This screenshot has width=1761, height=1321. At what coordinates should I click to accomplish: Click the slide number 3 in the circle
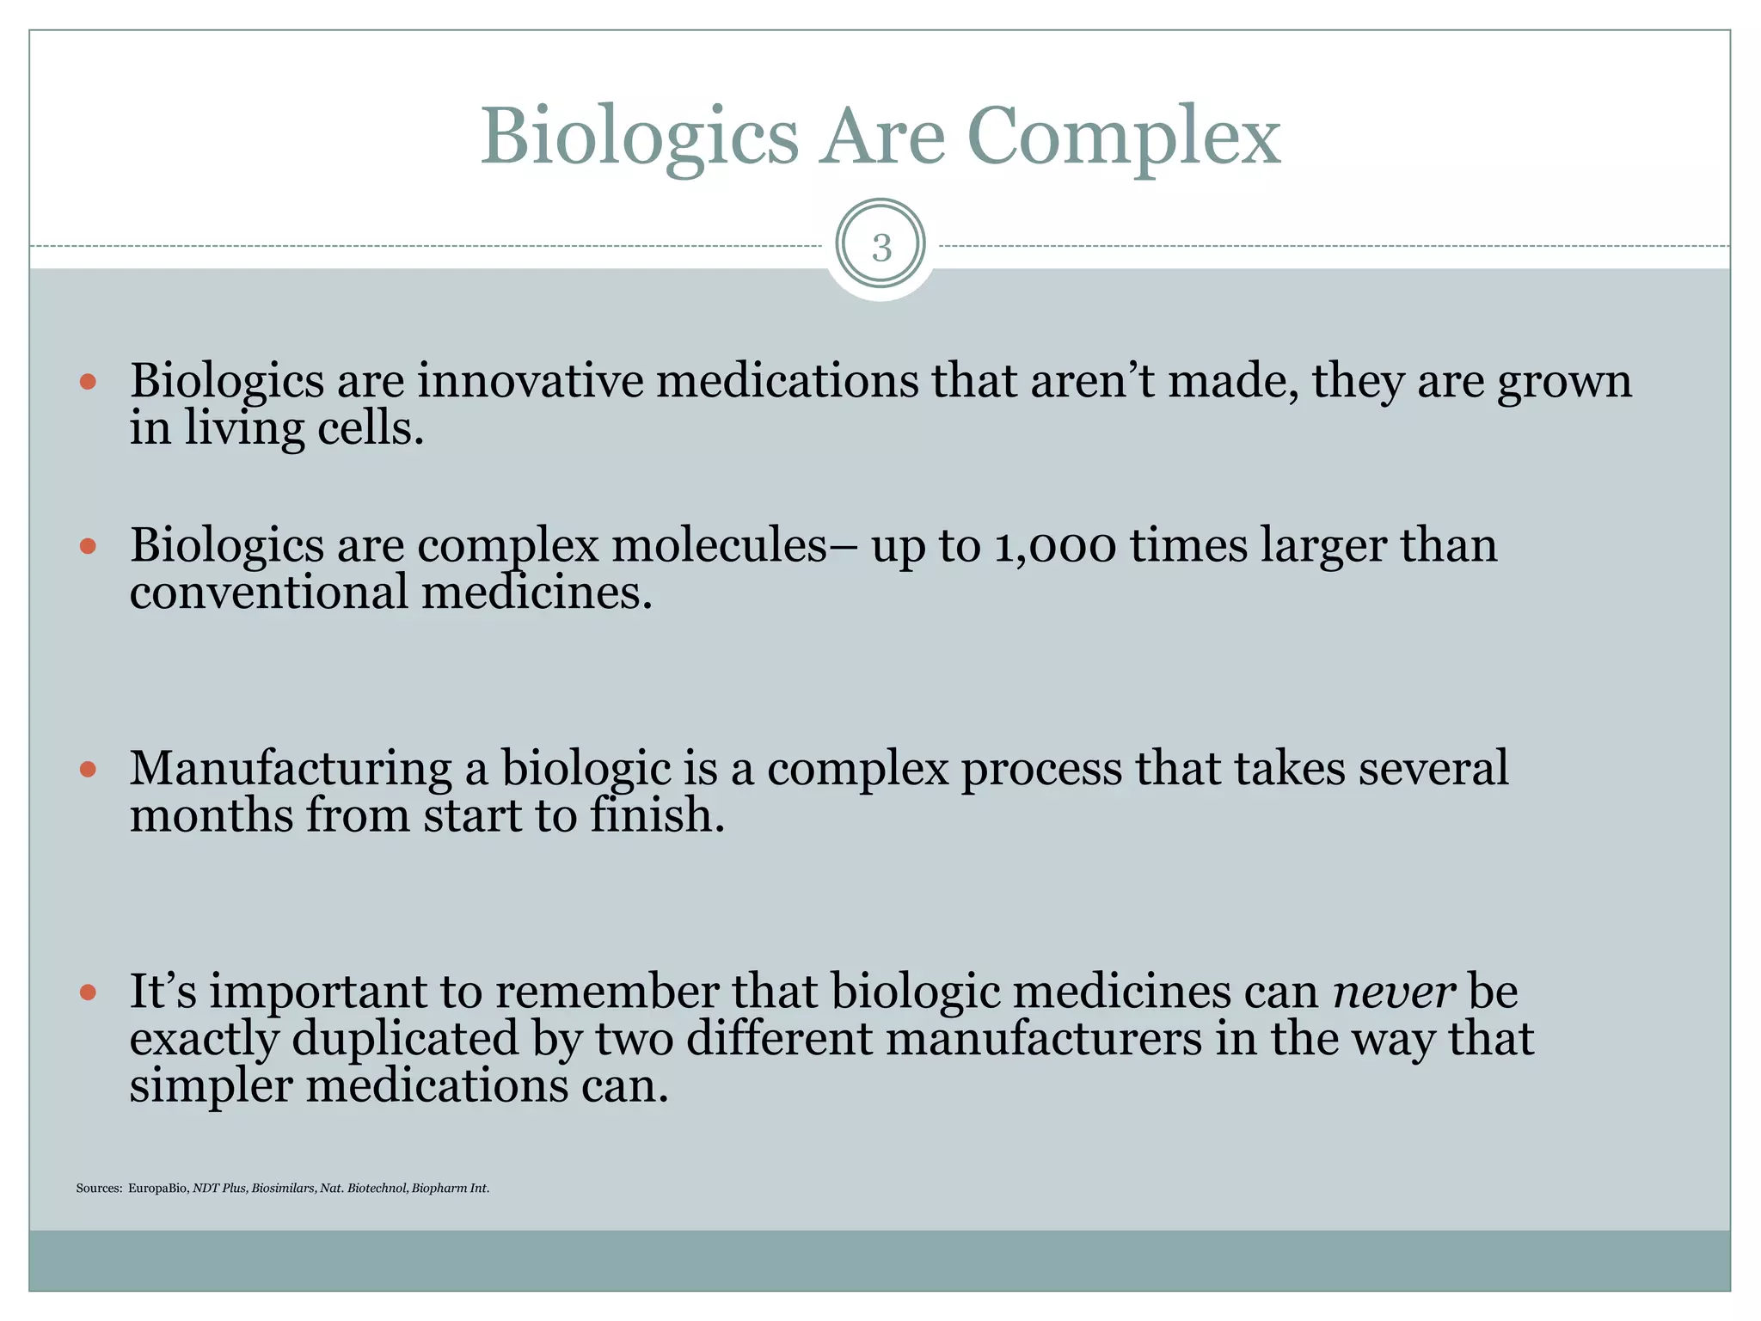point(880,248)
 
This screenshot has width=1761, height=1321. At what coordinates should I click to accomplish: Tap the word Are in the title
point(881,138)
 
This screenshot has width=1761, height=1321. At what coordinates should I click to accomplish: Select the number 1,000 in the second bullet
point(1055,546)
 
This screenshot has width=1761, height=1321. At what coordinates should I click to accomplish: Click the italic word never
point(1394,992)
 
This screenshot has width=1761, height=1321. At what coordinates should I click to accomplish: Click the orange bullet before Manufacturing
point(88,768)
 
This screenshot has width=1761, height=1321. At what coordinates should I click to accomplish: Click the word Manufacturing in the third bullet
point(290,768)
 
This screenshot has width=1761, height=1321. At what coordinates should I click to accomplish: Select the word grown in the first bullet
point(1564,383)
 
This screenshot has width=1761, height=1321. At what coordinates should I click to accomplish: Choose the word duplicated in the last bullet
point(405,1039)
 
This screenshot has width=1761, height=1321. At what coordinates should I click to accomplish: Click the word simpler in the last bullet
point(211,1086)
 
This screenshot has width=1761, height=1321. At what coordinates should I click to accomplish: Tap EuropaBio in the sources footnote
point(157,1189)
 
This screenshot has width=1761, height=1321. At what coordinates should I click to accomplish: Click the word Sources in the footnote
point(99,1189)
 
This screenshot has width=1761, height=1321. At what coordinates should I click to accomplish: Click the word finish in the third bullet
point(656,815)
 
